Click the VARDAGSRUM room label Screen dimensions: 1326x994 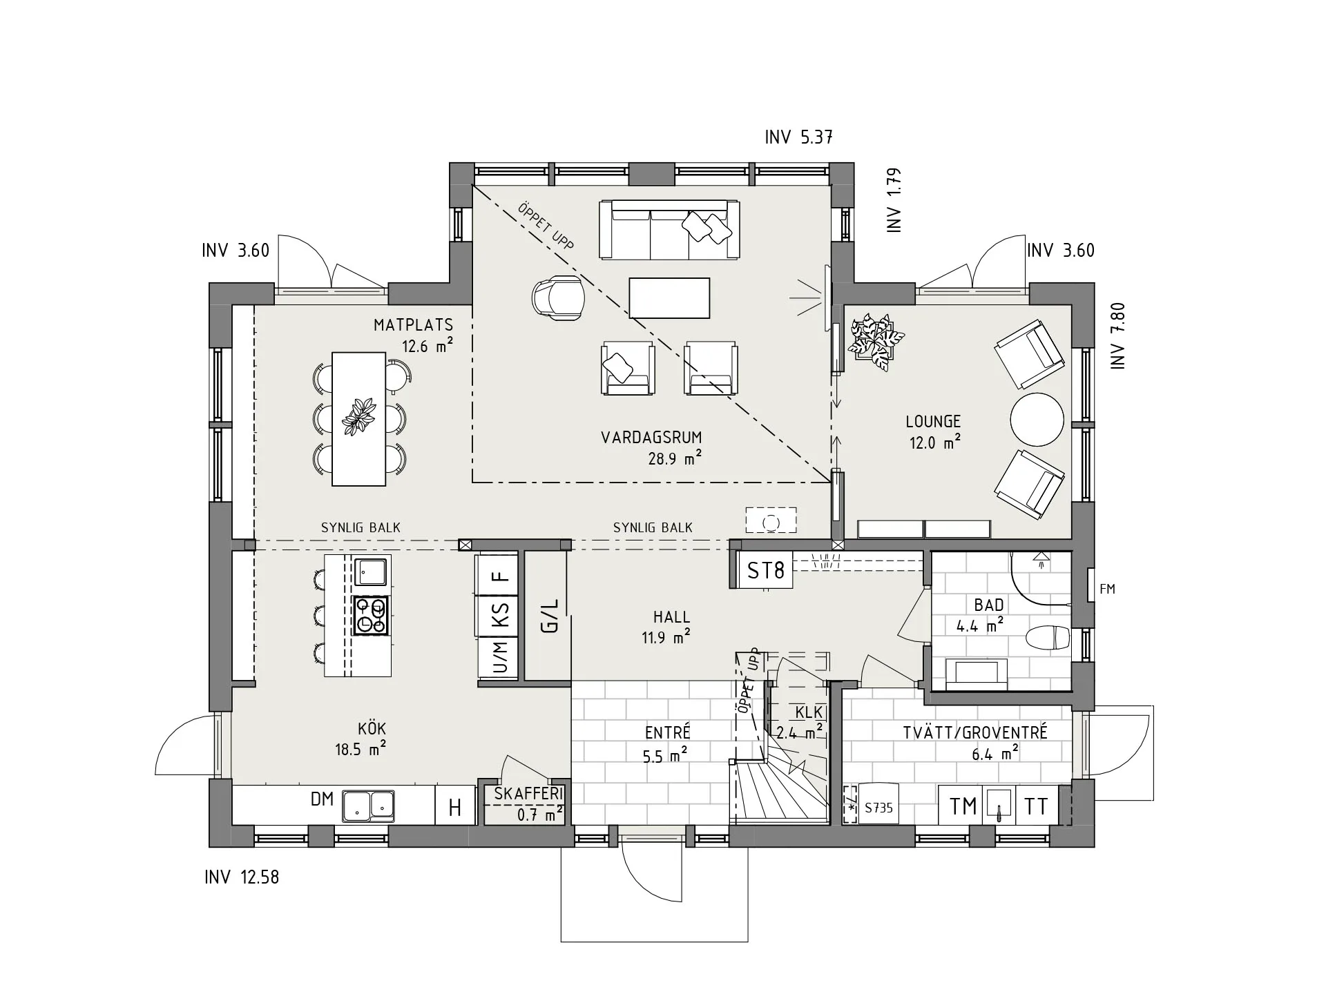click(x=651, y=438)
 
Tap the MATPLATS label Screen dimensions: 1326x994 click(x=413, y=325)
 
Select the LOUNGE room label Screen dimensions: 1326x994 click(x=933, y=421)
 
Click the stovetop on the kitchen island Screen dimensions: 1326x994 click(x=371, y=615)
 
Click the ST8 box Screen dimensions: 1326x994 click(x=767, y=570)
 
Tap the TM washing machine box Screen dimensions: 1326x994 click(x=963, y=806)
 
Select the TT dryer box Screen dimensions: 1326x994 click(x=1036, y=806)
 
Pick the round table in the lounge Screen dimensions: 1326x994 click(x=1037, y=420)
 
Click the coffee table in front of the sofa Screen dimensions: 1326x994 click(x=669, y=298)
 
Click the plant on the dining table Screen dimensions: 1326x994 click(x=359, y=417)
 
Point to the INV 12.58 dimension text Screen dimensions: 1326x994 click(x=242, y=877)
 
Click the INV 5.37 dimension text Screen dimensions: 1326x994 click(x=798, y=137)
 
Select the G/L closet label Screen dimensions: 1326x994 click(x=550, y=616)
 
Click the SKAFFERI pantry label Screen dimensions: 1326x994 click(x=529, y=794)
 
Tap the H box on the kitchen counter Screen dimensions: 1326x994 click(x=455, y=807)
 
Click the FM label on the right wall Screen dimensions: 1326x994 click(x=1107, y=589)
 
